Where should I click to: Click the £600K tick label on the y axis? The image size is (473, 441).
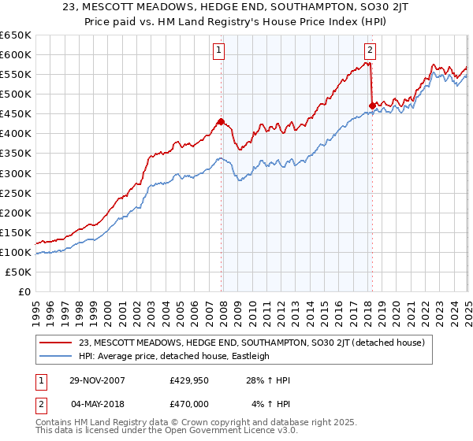pos(16,54)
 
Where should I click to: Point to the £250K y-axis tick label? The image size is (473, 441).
pos(16,193)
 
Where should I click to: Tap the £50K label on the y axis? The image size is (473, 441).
pos(19,272)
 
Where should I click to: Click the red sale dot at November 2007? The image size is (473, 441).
pos(221,122)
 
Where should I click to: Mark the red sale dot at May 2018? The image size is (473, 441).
pos(371,106)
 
